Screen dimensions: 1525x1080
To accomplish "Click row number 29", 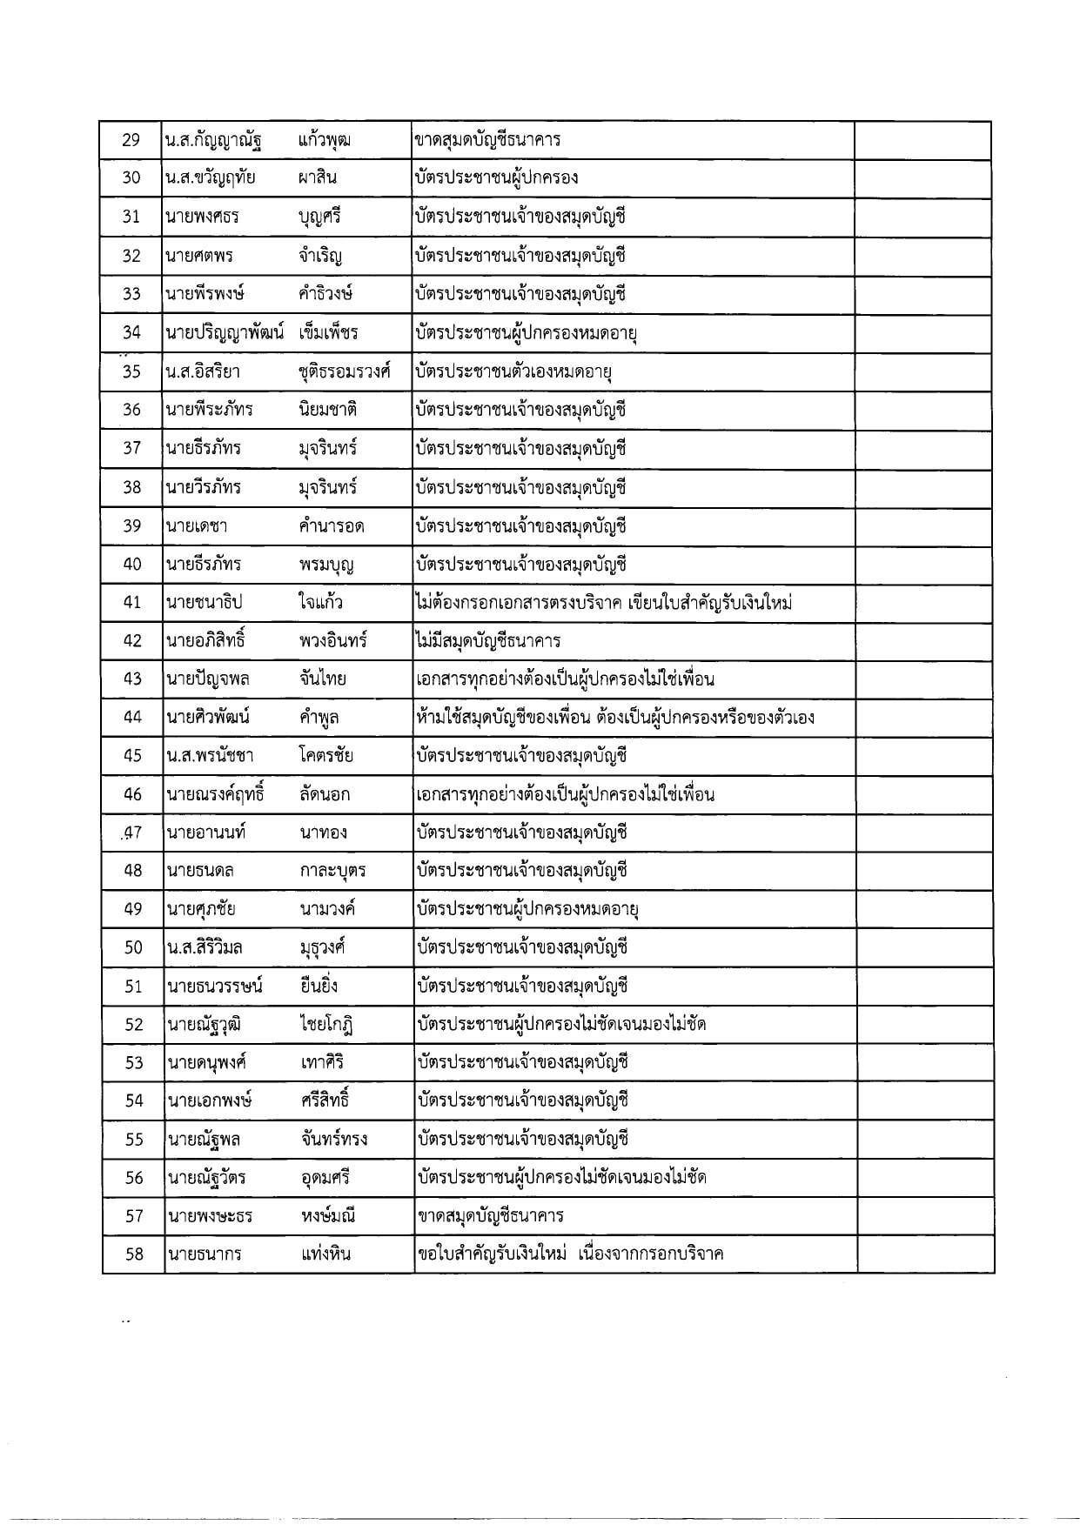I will [x=131, y=140].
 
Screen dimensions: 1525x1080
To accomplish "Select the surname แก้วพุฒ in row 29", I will [x=324, y=140].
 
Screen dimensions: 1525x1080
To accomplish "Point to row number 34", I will [x=131, y=332].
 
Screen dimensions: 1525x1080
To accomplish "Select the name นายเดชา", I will [x=197, y=525].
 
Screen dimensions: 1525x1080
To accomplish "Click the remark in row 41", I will [x=603, y=602].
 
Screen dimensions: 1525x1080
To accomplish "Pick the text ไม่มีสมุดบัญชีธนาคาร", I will [x=488, y=641].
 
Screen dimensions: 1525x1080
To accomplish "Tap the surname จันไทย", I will [x=322, y=679].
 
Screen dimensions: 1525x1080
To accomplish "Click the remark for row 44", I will [x=615, y=718].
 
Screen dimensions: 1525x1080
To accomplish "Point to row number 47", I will [x=132, y=833].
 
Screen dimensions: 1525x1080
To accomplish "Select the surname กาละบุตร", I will [x=332, y=871].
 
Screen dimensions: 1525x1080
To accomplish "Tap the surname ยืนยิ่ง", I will [x=318, y=986].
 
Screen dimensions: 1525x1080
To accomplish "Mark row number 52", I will [x=133, y=1024].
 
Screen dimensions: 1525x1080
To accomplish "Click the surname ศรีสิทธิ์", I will [x=323, y=1100].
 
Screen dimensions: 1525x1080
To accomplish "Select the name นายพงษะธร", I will [x=209, y=1216].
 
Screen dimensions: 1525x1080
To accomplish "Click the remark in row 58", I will [x=570, y=1254].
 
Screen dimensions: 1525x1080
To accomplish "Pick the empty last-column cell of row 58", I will [x=925, y=1254].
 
